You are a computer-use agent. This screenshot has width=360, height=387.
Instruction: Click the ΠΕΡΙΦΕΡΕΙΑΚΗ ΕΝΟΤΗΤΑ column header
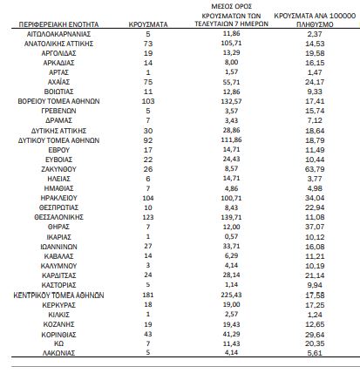point(58,24)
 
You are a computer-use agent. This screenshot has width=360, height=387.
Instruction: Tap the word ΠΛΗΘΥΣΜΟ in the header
point(315,24)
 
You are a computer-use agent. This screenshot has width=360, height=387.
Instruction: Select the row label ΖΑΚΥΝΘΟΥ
point(58,169)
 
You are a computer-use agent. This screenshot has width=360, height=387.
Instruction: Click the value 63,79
point(315,169)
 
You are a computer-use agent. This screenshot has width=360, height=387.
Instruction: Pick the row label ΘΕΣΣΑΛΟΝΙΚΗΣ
point(58,217)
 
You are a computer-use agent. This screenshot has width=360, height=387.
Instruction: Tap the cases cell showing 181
point(148,295)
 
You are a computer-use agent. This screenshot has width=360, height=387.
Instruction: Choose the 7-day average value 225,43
point(231,295)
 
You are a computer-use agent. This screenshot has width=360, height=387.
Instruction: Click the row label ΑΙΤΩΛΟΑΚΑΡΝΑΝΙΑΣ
point(58,34)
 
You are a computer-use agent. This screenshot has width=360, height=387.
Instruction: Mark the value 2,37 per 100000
point(315,34)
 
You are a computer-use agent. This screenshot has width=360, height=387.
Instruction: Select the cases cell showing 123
point(148,217)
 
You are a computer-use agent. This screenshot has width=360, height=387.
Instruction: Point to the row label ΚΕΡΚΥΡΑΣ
point(58,305)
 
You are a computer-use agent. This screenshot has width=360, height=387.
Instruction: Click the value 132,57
point(231,101)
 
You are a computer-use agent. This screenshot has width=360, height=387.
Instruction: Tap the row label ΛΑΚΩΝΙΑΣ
point(58,353)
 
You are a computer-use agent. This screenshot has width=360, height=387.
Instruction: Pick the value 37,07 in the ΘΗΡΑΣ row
point(315,227)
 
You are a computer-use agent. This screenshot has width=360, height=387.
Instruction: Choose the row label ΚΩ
point(58,343)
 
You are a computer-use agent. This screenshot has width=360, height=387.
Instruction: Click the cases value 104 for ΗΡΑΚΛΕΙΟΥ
point(148,198)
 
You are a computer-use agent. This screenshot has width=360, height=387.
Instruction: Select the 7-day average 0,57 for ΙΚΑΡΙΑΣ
point(231,236)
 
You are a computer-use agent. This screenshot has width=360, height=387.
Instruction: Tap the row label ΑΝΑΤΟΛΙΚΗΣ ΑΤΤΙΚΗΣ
point(58,44)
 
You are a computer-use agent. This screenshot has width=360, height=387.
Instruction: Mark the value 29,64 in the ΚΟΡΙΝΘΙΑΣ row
point(315,335)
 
